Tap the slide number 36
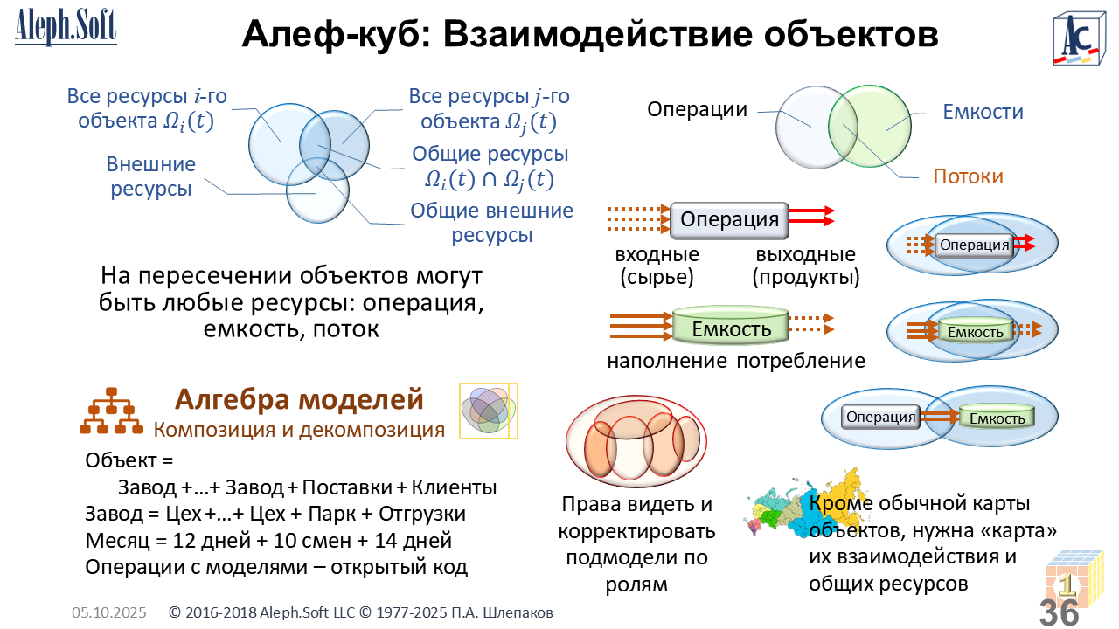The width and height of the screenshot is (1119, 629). pyautogui.click(x=1060, y=612)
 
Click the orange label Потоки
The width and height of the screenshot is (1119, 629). pyautogui.click(x=968, y=176)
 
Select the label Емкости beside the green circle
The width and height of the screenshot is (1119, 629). pyautogui.click(x=983, y=112)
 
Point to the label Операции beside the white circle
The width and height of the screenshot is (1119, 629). pyautogui.click(x=697, y=109)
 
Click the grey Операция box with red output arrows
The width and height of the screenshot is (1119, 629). pyautogui.click(x=729, y=220)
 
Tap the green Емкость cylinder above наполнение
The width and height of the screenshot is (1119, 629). pyautogui.click(x=731, y=328)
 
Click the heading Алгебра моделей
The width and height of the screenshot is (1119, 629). pyautogui.click(x=299, y=399)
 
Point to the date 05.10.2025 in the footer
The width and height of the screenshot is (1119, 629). pyautogui.click(x=108, y=612)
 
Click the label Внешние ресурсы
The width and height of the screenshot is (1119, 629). pyautogui.click(x=151, y=176)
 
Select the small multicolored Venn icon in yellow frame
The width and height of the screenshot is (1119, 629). pyautogui.click(x=489, y=410)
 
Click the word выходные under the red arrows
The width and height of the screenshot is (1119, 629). pyautogui.click(x=805, y=255)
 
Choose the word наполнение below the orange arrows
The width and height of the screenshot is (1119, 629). pyautogui.click(x=667, y=361)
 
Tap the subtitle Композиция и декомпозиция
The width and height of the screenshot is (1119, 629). pyautogui.click(x=299, y=430)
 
